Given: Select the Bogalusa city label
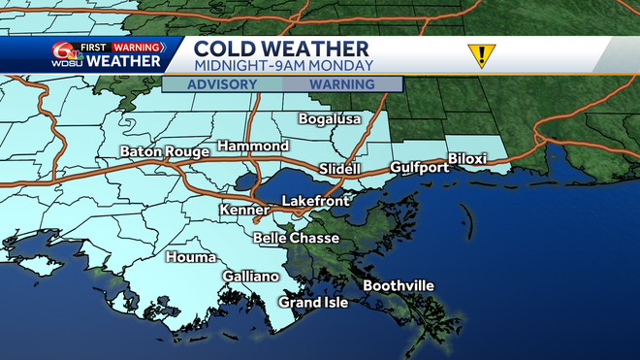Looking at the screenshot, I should point(327,118).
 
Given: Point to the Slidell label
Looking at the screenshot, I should point(339,169).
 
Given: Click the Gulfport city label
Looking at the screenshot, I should point(419,168).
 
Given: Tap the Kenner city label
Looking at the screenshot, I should point(244,210).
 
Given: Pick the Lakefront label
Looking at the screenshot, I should point(313,200).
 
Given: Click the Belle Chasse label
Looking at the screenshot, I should point(296,238).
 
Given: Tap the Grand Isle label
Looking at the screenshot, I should point(313,302).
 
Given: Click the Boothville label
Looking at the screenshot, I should point(399,285).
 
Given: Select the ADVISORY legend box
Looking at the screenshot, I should point(222,84).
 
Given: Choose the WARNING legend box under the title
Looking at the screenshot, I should point(342,84).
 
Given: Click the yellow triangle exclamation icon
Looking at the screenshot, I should point(479,55).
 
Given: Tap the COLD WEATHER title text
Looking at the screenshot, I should point(281,48).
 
